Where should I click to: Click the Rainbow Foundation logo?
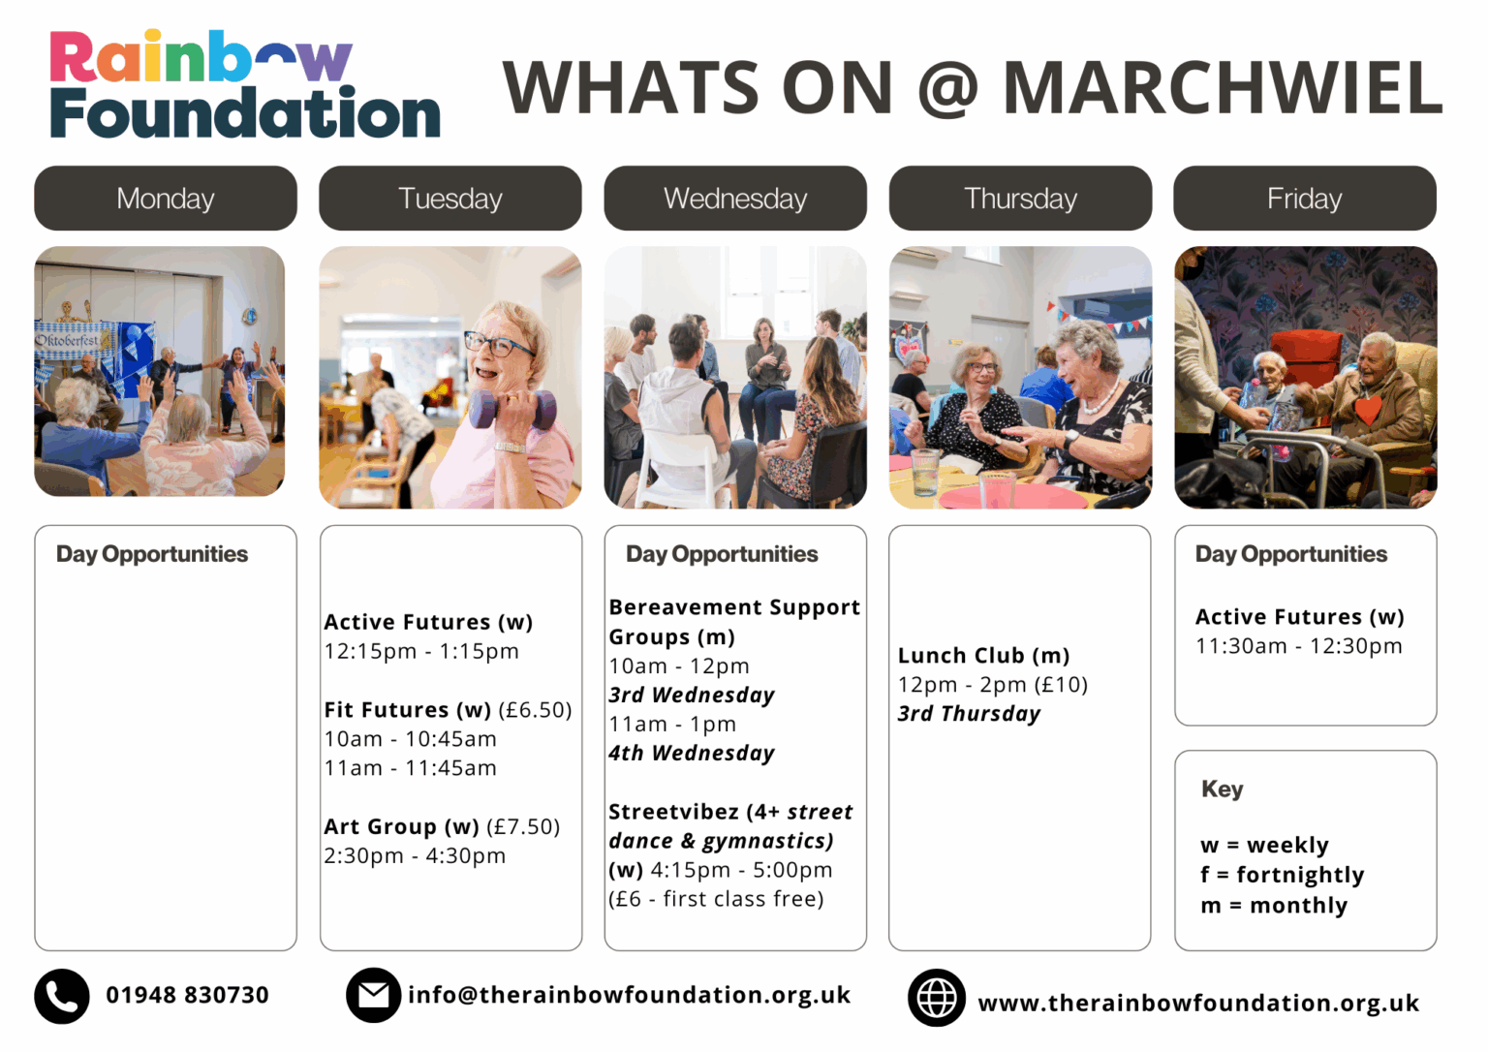[244, 83]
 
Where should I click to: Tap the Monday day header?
[166, 198]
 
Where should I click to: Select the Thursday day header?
[1020, 198]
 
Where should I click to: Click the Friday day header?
[1305, 198]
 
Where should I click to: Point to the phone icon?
[62, 996]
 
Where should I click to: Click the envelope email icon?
[373, 995]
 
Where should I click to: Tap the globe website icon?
[937, 998]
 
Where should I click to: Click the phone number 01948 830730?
[187, 995]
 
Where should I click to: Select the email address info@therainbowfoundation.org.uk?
[629, 995]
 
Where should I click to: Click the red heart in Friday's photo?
[1367, 409]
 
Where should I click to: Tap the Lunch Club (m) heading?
[984, 656]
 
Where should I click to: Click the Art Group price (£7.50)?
[523, 827]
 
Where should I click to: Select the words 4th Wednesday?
[692, 753]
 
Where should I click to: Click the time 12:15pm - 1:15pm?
[421, 652]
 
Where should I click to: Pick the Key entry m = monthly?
[1274, 905]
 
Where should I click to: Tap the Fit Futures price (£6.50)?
[535, 710]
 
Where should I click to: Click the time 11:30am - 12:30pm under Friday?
[1299, 646]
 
